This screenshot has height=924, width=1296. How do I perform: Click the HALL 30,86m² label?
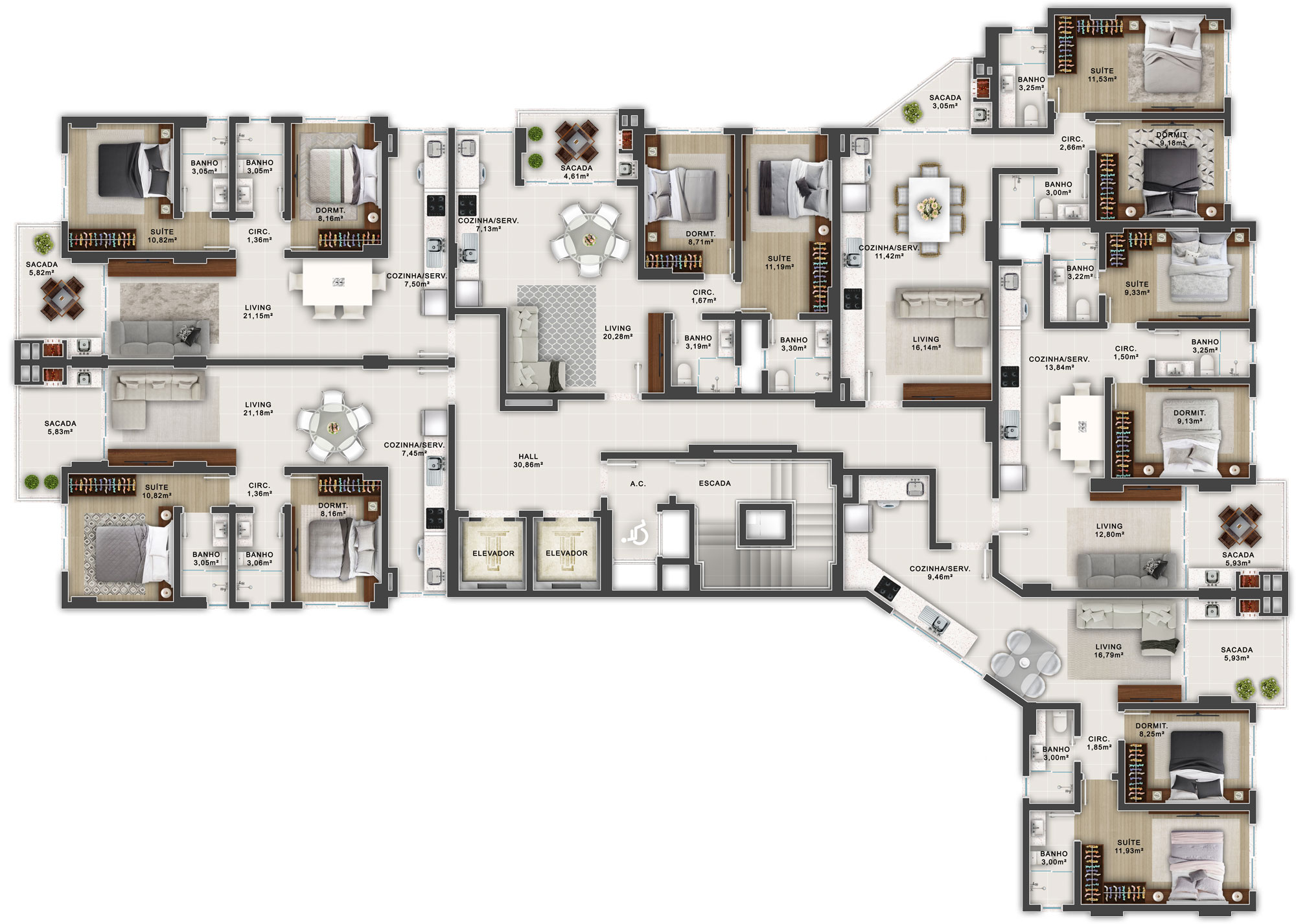[528, 460]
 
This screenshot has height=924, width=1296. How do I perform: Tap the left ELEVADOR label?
[493, 554]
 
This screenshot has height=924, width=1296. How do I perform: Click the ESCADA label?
[715, 483]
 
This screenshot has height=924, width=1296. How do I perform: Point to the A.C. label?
[638, 484]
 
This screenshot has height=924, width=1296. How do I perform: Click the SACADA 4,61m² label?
[577, 172]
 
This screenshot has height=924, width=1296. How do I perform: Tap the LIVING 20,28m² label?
[618, 332]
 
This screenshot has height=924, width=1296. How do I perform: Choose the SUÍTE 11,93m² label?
[1129, 847]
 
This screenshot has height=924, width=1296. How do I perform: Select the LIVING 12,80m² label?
[1109, 530]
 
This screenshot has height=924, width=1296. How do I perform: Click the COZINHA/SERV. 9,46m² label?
[940, 572]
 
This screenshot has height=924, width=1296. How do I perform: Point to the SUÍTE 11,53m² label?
[1102, 75]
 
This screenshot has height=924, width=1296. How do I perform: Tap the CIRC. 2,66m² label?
[1072, 143]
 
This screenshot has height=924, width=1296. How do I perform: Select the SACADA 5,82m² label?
[41, 269]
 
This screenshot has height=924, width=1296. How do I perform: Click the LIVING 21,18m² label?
[258, 409]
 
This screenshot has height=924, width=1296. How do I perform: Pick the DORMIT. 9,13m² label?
[1190, 417]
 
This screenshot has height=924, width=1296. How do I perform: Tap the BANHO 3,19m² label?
[698, 342]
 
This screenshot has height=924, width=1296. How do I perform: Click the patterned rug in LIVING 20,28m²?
[557, 337]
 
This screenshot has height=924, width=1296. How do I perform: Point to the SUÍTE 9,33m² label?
[1137, 288]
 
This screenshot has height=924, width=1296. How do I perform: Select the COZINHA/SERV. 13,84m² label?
[1059, 363]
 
